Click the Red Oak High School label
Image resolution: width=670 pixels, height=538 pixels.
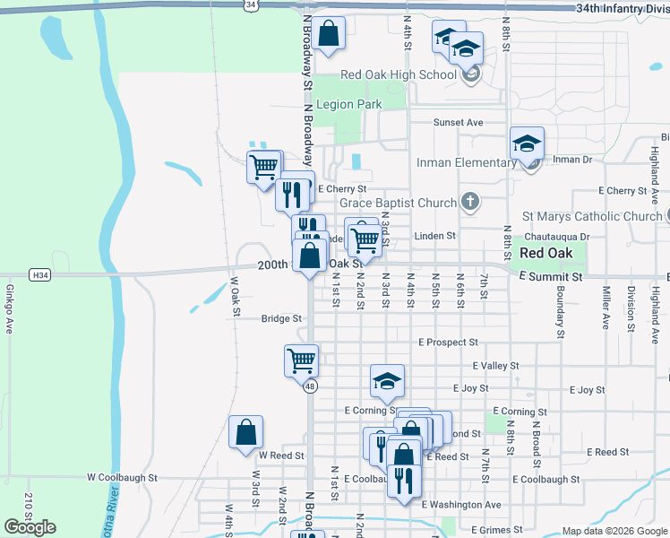pos(399,74)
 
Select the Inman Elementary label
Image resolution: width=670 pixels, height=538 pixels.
pos(466,162)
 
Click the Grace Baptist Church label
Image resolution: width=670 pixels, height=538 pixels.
pos(398,203)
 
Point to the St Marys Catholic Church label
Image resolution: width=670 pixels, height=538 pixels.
pos(592,216)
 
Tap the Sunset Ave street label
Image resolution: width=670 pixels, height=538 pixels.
pos(458,122)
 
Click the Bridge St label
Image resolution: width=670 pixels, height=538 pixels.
pos(279,318)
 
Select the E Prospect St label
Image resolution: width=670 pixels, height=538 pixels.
pos(448,343)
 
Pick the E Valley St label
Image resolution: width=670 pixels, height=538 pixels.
pos(495,366)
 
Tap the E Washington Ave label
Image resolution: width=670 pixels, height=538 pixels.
pos(461,505)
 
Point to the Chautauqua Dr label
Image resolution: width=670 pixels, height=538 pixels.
pos(560,237)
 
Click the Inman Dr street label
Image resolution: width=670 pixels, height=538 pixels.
pos(572,160)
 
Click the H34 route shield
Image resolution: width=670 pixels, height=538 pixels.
pos(39,274)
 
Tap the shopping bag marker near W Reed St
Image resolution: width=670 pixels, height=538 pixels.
pos(245,433)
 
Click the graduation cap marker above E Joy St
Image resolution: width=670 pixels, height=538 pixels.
pos(387,380)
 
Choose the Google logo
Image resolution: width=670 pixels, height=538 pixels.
pos(30,526)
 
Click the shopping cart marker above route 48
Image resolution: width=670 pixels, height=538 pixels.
pos(302,360)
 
